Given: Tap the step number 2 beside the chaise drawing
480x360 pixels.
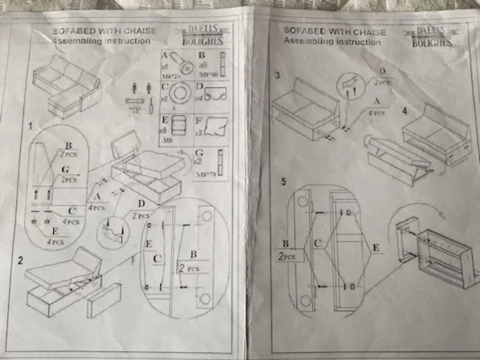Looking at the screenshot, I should click(21, 261).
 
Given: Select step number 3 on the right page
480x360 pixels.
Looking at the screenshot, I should click(277, 75).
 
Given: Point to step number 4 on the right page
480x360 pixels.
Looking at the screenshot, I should click(405, 111).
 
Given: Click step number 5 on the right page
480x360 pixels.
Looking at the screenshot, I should click(283, 182).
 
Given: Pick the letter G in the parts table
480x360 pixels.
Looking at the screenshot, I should click(199, 153).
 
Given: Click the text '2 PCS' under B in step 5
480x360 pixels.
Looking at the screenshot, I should click(287, 257).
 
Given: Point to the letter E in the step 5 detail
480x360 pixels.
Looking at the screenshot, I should click(376, 248).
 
